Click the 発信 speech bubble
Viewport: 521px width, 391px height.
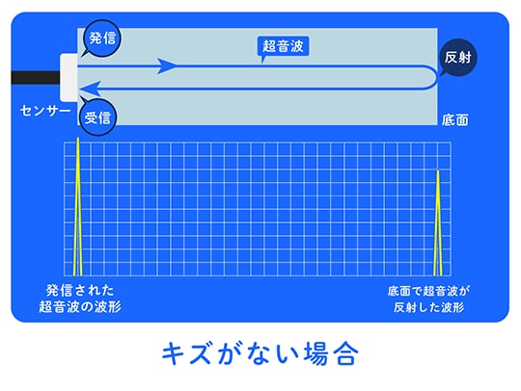(102, 39)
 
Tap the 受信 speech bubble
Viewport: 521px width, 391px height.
(97, 117)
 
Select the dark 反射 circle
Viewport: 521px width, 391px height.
(457, 58)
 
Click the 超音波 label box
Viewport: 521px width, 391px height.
(283, 46)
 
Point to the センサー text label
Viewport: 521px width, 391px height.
(45, 111)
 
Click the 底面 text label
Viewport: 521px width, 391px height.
(454, 120)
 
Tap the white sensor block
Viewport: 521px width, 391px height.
(69, 78)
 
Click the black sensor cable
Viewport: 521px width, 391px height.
(36, 78)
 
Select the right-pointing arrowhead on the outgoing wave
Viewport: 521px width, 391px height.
(167, 66)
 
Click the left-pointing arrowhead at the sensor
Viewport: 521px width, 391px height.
(89, 89)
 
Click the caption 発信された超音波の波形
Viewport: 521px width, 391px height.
(80, 299)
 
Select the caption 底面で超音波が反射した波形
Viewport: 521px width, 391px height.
(428, 300)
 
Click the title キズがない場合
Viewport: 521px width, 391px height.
(260, 353)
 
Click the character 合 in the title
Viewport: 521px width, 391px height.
(346, 353)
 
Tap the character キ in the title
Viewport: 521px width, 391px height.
(173, 353)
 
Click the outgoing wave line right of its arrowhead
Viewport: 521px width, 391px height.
(302, 66)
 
